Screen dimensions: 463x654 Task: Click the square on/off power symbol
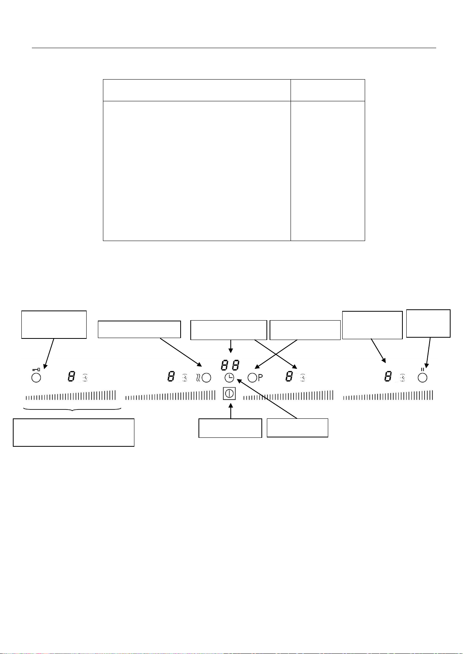point(229,394)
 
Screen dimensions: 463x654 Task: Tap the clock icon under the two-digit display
point(230,377)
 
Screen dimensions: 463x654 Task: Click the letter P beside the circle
point(260,377)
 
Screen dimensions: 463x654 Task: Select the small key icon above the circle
point(36,369)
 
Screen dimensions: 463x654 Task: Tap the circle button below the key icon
point(36,378)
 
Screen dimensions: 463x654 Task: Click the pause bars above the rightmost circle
point(422,369)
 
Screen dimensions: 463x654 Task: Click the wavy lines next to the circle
point(198,377)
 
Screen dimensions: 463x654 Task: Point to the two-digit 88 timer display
point(230,365)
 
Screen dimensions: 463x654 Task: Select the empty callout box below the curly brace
point(73,432)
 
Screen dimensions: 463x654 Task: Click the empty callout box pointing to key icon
point(54,324)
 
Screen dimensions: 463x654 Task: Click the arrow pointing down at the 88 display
point(231,346)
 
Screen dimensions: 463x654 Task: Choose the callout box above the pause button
point(428,323)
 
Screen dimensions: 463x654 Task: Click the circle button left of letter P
point(252,377)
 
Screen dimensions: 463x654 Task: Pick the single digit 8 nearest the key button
point(71,376)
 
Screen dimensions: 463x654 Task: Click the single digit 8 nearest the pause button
point(388,376)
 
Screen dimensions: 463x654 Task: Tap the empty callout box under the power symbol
point(230,428)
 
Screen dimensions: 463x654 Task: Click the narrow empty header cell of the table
point(327,90)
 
